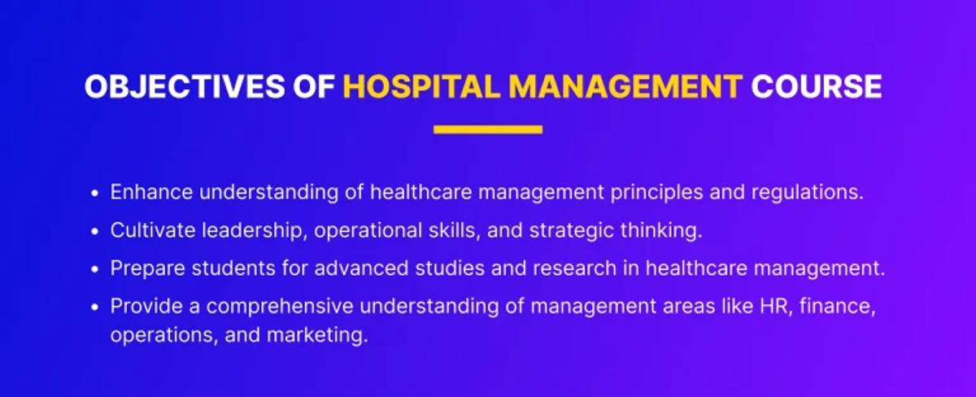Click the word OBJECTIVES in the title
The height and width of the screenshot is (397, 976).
(x=185, y=86)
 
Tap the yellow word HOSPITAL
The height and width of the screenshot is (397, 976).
(x=422, y=86)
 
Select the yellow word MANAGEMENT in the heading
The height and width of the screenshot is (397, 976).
(x=625, y=86)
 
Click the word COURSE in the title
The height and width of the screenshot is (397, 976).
(x=817, y=86)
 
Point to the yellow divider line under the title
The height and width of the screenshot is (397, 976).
(x=488, y=129)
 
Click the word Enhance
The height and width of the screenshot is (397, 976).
(x=151, y=192)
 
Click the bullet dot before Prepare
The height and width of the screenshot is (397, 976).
(x=95, y=269)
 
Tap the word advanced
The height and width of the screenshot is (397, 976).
(x=361, y=268)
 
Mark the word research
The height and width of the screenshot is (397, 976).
(x=575, y=268)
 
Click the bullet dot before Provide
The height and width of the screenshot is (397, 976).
(x=95, y=308)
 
